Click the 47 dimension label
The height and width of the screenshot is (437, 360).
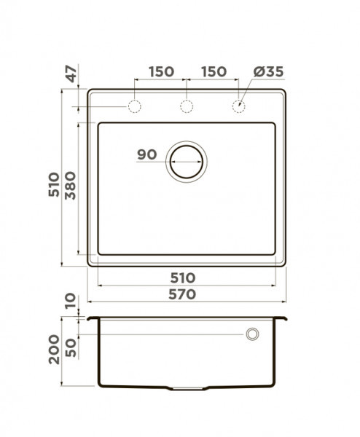click(x=72, y=74)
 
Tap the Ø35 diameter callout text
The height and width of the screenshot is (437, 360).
click(x=268, y=71)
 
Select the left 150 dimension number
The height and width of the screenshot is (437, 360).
click(x=162, y=71)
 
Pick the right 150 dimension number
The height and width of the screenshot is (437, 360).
click(x=214, y=71)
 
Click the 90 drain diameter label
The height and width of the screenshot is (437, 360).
click(x=147, y=154)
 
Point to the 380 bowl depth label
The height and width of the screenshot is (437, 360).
click(x=70, y=186)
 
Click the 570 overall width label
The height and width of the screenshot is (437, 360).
click(x=182, y=294)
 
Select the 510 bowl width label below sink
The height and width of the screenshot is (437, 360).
click(x=183, y=278)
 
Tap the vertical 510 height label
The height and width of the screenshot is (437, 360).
click(x=54, y=185)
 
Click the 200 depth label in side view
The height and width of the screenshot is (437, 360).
click(x=54, y=350)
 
